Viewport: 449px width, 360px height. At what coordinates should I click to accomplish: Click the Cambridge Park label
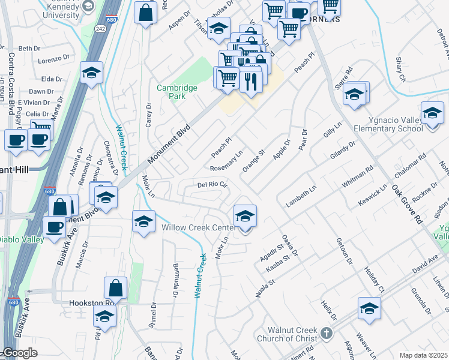point(177,92)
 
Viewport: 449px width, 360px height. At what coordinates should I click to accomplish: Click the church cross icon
point(326,333)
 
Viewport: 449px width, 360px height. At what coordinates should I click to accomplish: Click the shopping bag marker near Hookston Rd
point(115,289)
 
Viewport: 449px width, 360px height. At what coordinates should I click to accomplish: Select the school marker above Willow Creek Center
point(245,216)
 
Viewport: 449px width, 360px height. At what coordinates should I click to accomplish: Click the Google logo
point(19,353)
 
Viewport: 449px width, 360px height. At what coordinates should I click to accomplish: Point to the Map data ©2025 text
point(423,355)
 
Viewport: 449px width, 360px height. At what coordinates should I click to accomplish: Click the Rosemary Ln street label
point(226,161)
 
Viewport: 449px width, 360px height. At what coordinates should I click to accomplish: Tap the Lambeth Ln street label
point(301,196)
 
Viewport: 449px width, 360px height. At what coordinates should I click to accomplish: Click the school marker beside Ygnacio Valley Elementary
point(432,114)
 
